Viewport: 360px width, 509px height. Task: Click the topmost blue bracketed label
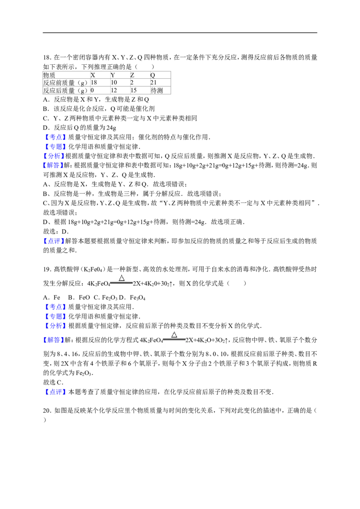(x=55, y=137)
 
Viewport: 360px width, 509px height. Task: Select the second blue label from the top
(x=56, y=147)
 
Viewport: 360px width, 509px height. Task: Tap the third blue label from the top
(x=54, y=156)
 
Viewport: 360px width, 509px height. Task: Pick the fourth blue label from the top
(x=54, y=165)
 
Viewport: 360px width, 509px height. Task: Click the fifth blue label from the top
(x=54, y=241)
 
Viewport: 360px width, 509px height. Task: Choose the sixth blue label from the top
(x=55, y=307)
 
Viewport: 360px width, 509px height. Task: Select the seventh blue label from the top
(x=56, y=317)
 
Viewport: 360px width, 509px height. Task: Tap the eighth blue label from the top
(x=55, y=326)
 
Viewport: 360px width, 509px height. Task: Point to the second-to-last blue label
(x=54, y=340)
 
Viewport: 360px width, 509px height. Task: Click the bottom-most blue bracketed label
(x=56, y=392)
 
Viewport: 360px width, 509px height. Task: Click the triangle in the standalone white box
(x=174, y=335)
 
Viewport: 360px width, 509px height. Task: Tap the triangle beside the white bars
(x=121, y=278)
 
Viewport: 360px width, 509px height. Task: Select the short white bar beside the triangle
(x=154, y=279)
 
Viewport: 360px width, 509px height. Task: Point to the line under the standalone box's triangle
(x=174, y=339)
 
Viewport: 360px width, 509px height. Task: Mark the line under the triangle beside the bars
(x=121, y=283)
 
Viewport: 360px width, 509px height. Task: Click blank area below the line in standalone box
(x=174, y=345)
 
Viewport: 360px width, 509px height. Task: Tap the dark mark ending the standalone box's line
(x=186, y=339)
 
